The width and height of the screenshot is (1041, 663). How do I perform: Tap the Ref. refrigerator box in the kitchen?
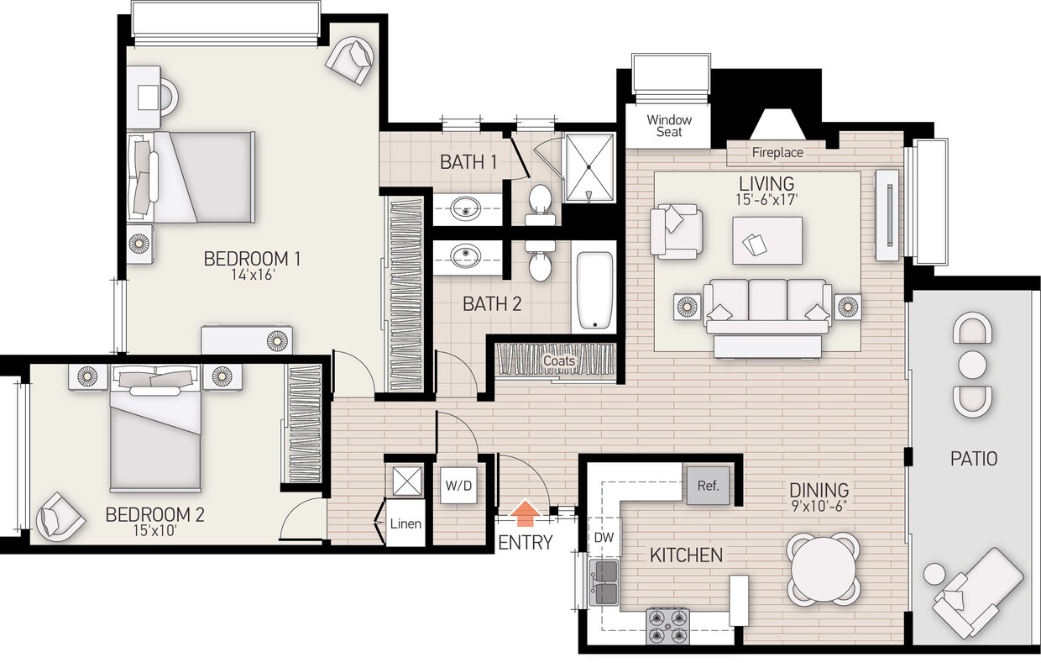[708, 485]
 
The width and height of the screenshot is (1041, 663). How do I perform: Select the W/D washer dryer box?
[458, 485]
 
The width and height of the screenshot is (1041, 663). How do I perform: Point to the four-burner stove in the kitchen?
[667, 625]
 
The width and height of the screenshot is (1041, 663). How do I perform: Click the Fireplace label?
[777, 153]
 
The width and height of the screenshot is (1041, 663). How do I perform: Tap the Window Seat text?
[669, 126]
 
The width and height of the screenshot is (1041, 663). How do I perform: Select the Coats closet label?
[559, 361]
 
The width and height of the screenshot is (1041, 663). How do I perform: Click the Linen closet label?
[405, 524]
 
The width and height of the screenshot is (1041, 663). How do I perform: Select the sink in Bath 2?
[465, 255]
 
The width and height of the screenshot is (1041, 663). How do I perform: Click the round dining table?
[824, 568]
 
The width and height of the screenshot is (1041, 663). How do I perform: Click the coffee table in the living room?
[766, 240]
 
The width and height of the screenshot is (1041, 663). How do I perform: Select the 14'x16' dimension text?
[252, 274]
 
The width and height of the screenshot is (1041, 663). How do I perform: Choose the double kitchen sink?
[604, 582]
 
